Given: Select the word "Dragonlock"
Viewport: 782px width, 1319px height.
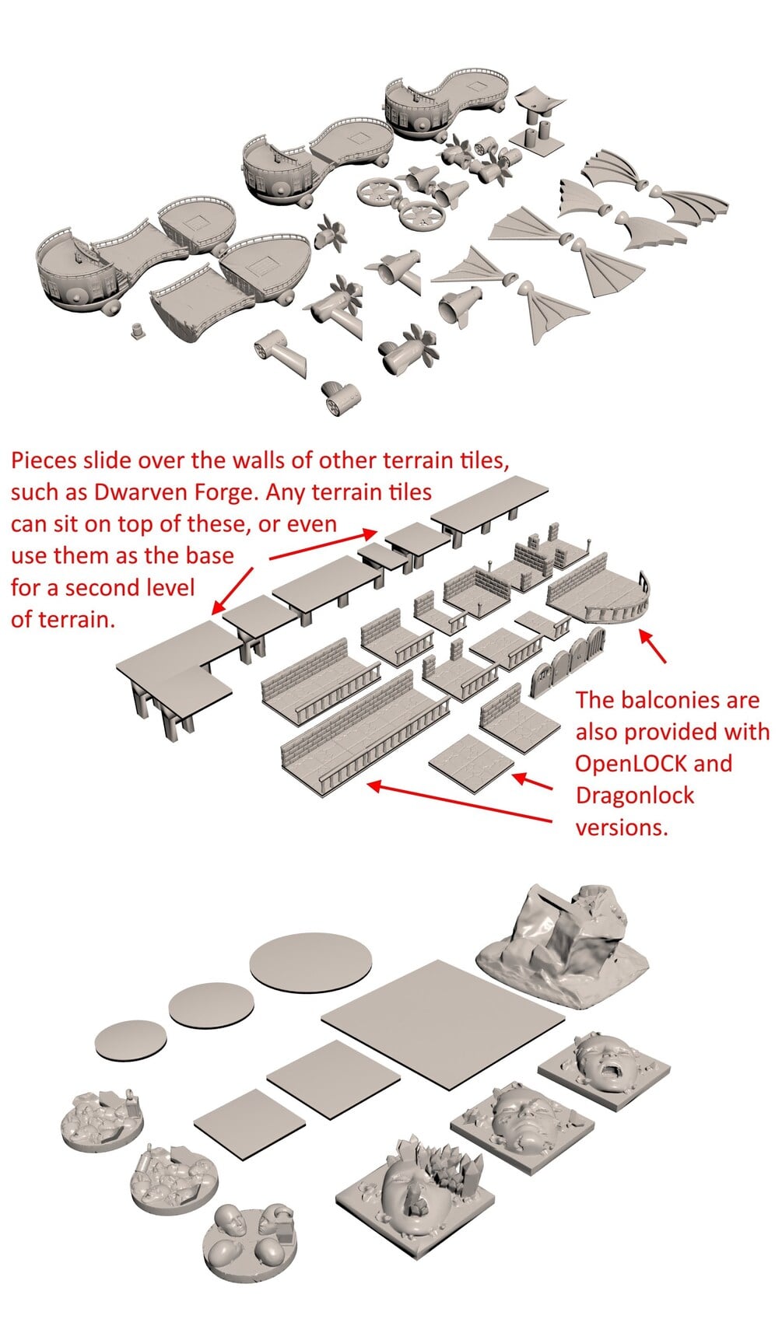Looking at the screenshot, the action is click(x=635, y=796).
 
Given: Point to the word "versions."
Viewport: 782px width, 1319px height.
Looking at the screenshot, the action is click(x=622, y=827).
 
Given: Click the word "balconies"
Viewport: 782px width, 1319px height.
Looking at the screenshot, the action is click(x=671, y=700).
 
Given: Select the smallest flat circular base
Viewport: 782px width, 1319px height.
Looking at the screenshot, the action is click(x=130, y=1042).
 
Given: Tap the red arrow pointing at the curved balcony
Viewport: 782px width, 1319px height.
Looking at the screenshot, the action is click(x=653, y=646).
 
